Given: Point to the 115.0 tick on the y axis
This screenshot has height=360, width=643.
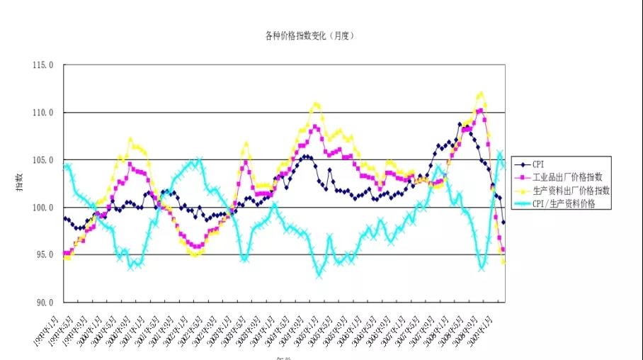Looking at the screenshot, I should point(42,65).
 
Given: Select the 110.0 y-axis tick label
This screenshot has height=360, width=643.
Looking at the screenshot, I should point(42,113).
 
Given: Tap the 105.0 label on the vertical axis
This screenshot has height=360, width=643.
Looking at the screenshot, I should point(42,160).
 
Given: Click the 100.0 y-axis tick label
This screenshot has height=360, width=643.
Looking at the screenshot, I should point(42,208).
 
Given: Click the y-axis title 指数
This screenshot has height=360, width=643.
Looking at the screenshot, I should point(19,183).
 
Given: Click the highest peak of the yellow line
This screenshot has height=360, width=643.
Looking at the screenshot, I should point(481,93).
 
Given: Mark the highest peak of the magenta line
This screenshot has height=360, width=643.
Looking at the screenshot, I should point(480,110).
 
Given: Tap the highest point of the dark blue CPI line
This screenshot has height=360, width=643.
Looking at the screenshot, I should point(460,125).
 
